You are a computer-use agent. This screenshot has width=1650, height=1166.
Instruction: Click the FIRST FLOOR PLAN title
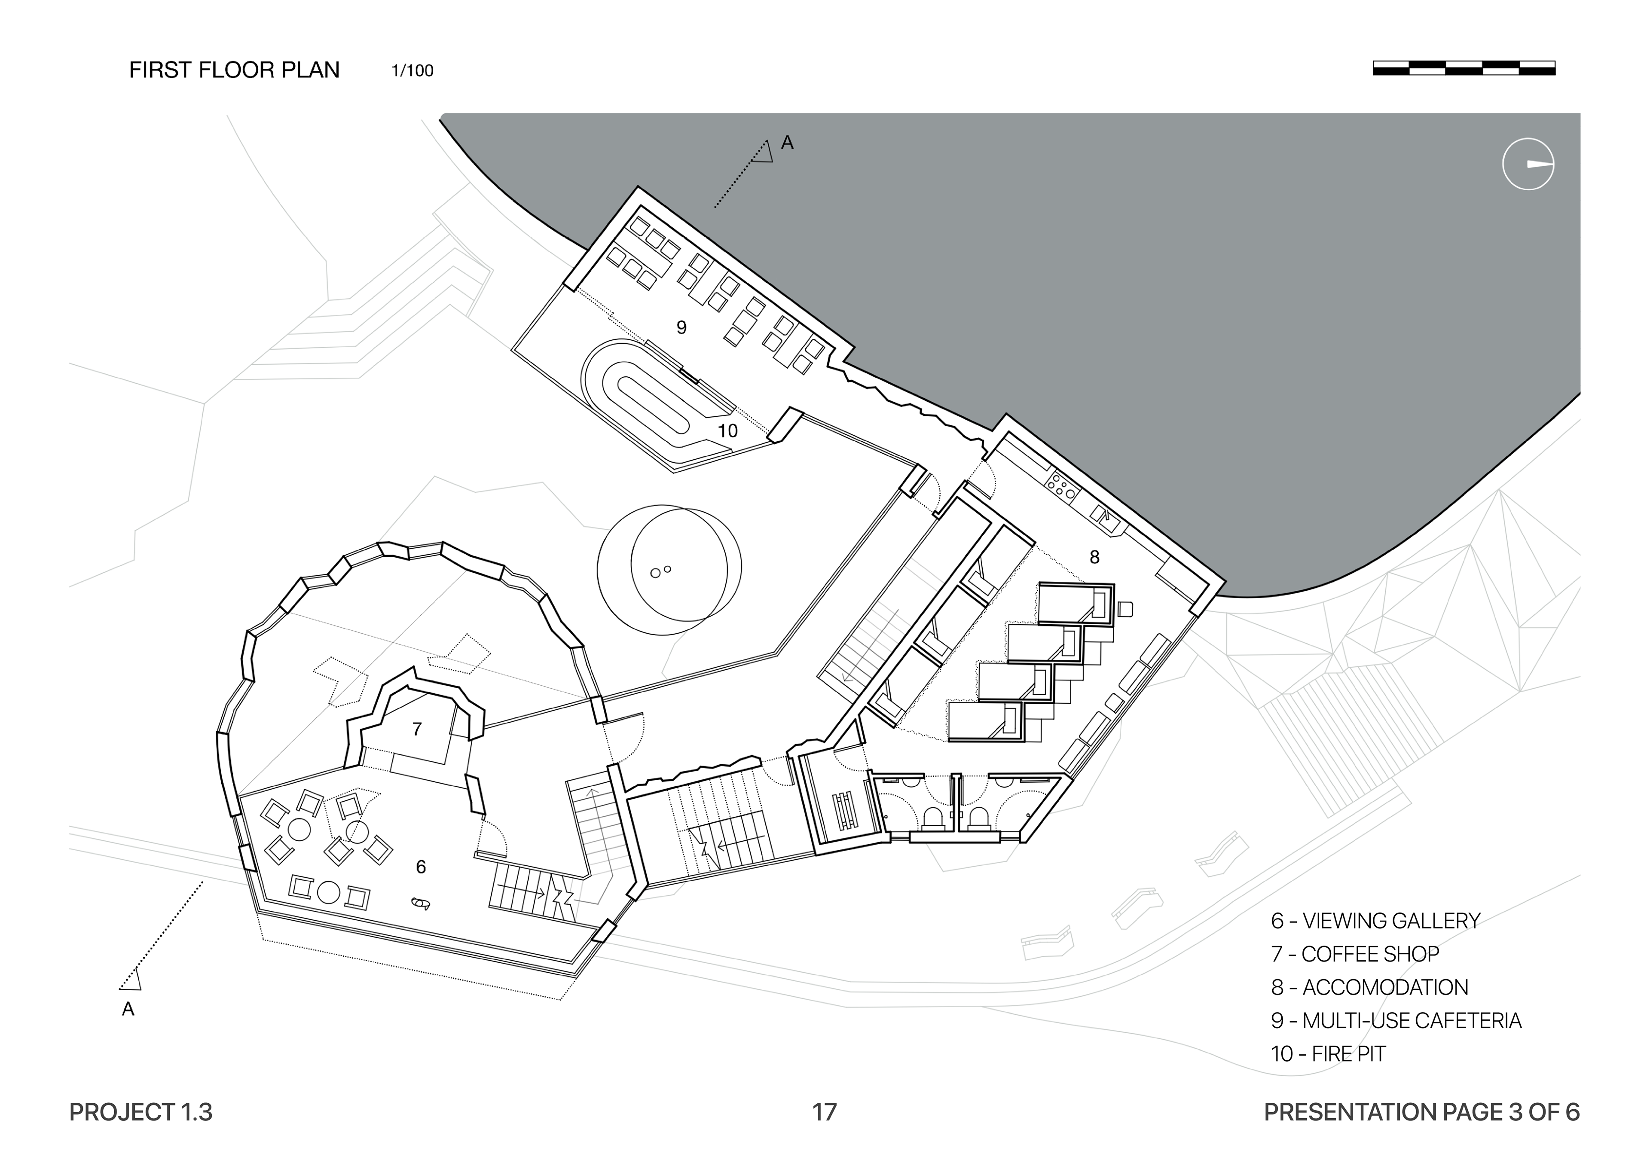point(234,70)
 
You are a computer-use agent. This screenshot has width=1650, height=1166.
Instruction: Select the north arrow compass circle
point(1528,164)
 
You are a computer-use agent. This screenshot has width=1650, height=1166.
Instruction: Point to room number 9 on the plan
point(681,328)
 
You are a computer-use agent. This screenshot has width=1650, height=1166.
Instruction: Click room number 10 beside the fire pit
point(727,431)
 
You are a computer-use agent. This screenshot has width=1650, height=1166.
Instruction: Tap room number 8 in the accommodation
point(1094,557)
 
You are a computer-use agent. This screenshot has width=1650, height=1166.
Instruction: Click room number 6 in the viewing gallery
point(421,867)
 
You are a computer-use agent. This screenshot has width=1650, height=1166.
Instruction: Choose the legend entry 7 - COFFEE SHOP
point(1355,954)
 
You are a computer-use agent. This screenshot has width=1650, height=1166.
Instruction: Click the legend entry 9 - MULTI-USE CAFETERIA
point(1396,1021)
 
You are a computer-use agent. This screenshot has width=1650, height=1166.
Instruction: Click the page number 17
point(824,1112)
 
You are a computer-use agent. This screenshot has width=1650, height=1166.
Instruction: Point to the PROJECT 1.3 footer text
point(141,1112)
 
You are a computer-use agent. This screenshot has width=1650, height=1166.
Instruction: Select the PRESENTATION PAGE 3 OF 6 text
point(1421,1112)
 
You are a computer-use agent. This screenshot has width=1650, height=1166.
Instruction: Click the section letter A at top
point(787,143)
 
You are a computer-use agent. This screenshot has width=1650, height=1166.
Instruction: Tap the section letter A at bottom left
point(128,1009)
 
